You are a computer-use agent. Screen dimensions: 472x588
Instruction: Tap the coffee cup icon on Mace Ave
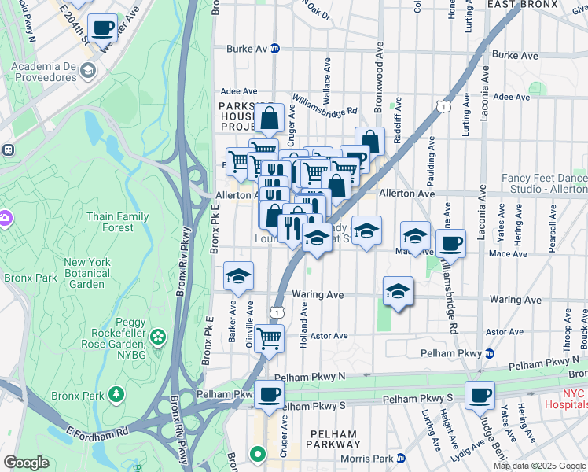tap(450, 243)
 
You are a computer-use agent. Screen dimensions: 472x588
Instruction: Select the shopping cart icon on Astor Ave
tap(270, 339)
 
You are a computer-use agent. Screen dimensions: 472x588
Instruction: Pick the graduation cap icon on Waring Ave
tap(399, 292)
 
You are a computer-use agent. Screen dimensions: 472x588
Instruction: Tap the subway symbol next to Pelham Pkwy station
tap(489, 354)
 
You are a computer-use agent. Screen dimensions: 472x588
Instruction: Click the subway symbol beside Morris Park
tap(401, 458)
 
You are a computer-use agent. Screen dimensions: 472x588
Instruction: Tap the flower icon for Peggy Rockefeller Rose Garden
tap(159, 337)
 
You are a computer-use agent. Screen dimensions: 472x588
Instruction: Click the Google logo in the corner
tap(26, 463)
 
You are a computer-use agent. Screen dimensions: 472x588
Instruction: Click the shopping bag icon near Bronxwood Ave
tap(369, 142)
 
